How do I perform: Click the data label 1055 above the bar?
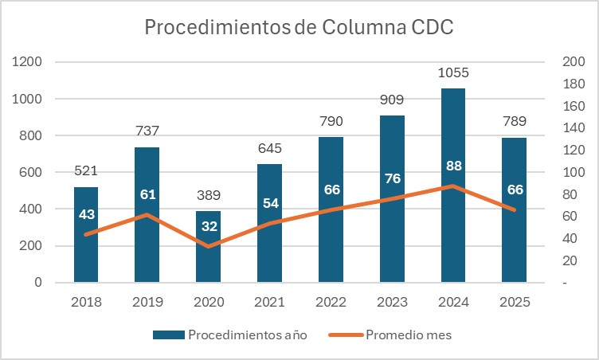[x=453, y=73]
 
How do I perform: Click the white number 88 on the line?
[x=453, y=167]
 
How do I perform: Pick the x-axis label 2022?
[x=331, y=303]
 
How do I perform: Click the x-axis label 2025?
[x=514, y=303]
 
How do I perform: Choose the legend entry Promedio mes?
[x=408, y=335]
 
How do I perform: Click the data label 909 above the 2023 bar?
[x=392, y=100]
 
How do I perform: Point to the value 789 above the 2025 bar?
[x=514, y=122]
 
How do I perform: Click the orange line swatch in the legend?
[x=344, y=335]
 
